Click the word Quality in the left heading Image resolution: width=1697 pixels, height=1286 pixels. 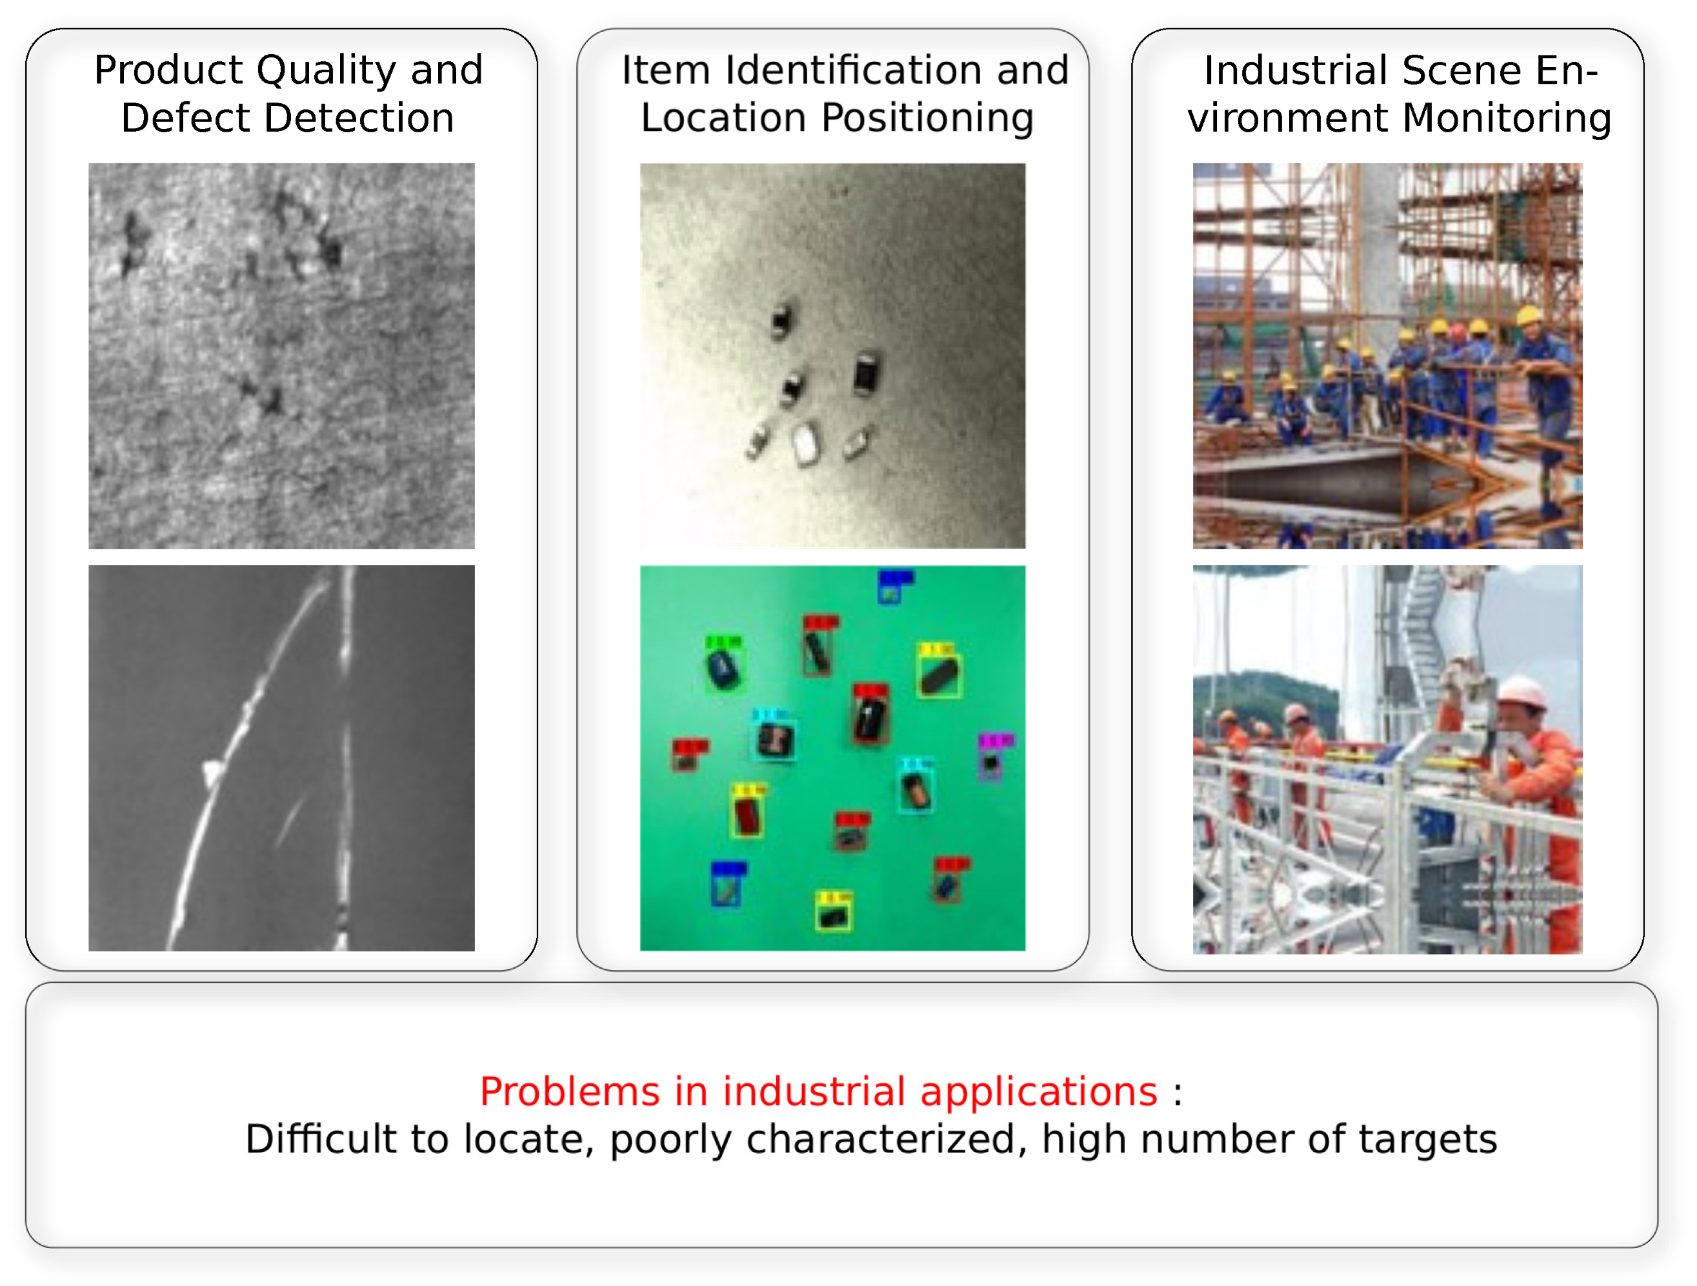coord(325,70)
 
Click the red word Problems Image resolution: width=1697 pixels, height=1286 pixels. coord(569,1092)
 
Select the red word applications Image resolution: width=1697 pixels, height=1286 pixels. coord(1038,1092)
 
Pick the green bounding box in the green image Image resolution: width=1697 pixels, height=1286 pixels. coord(723,665)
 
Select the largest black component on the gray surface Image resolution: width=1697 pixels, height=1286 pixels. coord(867,374)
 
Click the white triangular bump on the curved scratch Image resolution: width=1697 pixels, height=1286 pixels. coord(212,772)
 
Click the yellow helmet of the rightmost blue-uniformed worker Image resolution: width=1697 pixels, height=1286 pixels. coord(1529,316)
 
